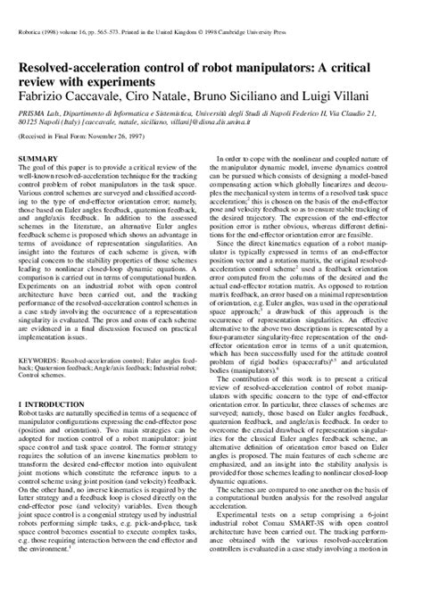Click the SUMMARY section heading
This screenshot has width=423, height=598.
(35, 157)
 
